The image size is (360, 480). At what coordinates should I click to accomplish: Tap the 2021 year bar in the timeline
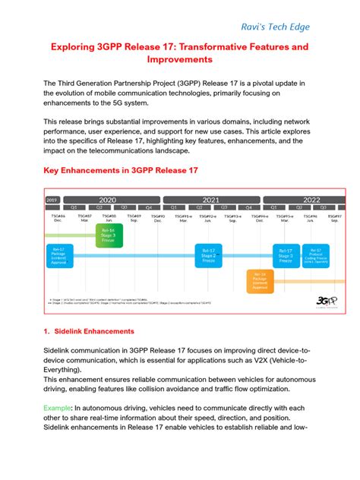point(210,200)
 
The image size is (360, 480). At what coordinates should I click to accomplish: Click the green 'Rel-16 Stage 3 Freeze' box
point(108,235)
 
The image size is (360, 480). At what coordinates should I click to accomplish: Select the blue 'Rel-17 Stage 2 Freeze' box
point(206,257)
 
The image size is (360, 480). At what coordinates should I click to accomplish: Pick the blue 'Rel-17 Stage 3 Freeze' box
point(286,257)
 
